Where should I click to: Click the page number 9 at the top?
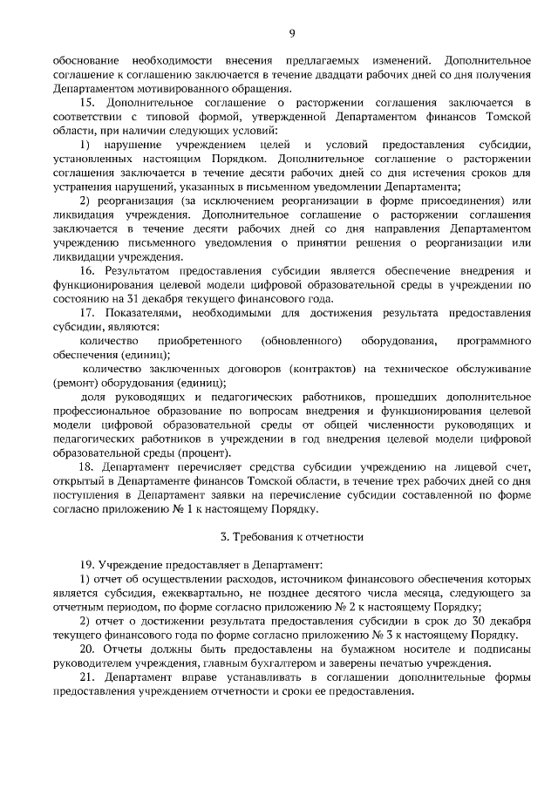[292, 34]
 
